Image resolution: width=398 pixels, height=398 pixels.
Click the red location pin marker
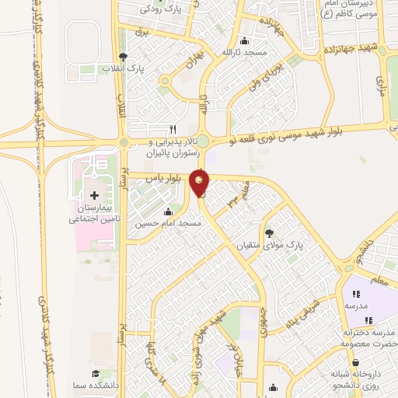(x=201, y=183)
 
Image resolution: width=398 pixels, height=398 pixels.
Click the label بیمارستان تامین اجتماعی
(x=96, y=215)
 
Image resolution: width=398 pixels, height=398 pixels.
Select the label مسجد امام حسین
(x=169, y=224)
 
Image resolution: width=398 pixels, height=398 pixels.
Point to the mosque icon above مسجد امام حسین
(x=167, y=211)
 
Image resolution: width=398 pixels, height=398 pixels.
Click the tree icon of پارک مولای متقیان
(x=269, y=232)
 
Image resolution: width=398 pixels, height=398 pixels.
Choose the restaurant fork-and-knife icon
(x=173, y=129)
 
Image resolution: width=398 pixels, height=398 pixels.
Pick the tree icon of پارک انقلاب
(x=122, y=57)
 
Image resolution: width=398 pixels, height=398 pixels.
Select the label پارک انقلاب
(x=122, y=69)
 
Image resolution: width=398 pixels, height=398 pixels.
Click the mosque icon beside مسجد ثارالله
(x=245, y=41)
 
